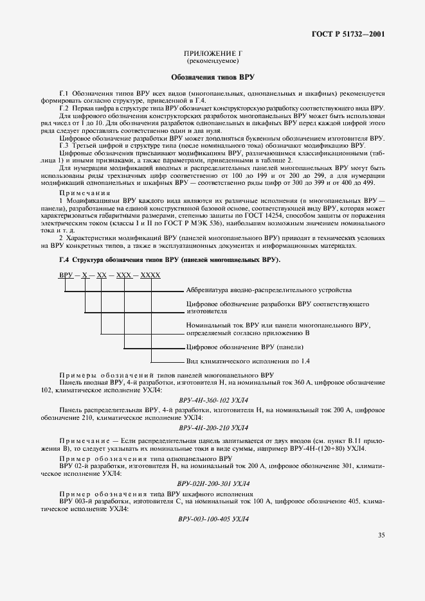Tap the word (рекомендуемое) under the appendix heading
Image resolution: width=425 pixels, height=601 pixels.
point(213,62)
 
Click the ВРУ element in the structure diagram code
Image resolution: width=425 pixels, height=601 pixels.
point(65,275)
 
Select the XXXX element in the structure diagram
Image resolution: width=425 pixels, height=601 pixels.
point(150,275)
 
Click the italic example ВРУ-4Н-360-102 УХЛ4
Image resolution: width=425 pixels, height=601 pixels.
point(213,399)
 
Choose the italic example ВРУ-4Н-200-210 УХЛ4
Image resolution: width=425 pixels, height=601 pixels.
point(213,428)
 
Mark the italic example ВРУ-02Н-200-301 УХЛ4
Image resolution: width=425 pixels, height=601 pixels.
point(213,483)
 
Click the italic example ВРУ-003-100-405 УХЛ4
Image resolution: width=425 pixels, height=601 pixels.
point(213,518)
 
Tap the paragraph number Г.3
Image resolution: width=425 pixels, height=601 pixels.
point(64,144)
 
